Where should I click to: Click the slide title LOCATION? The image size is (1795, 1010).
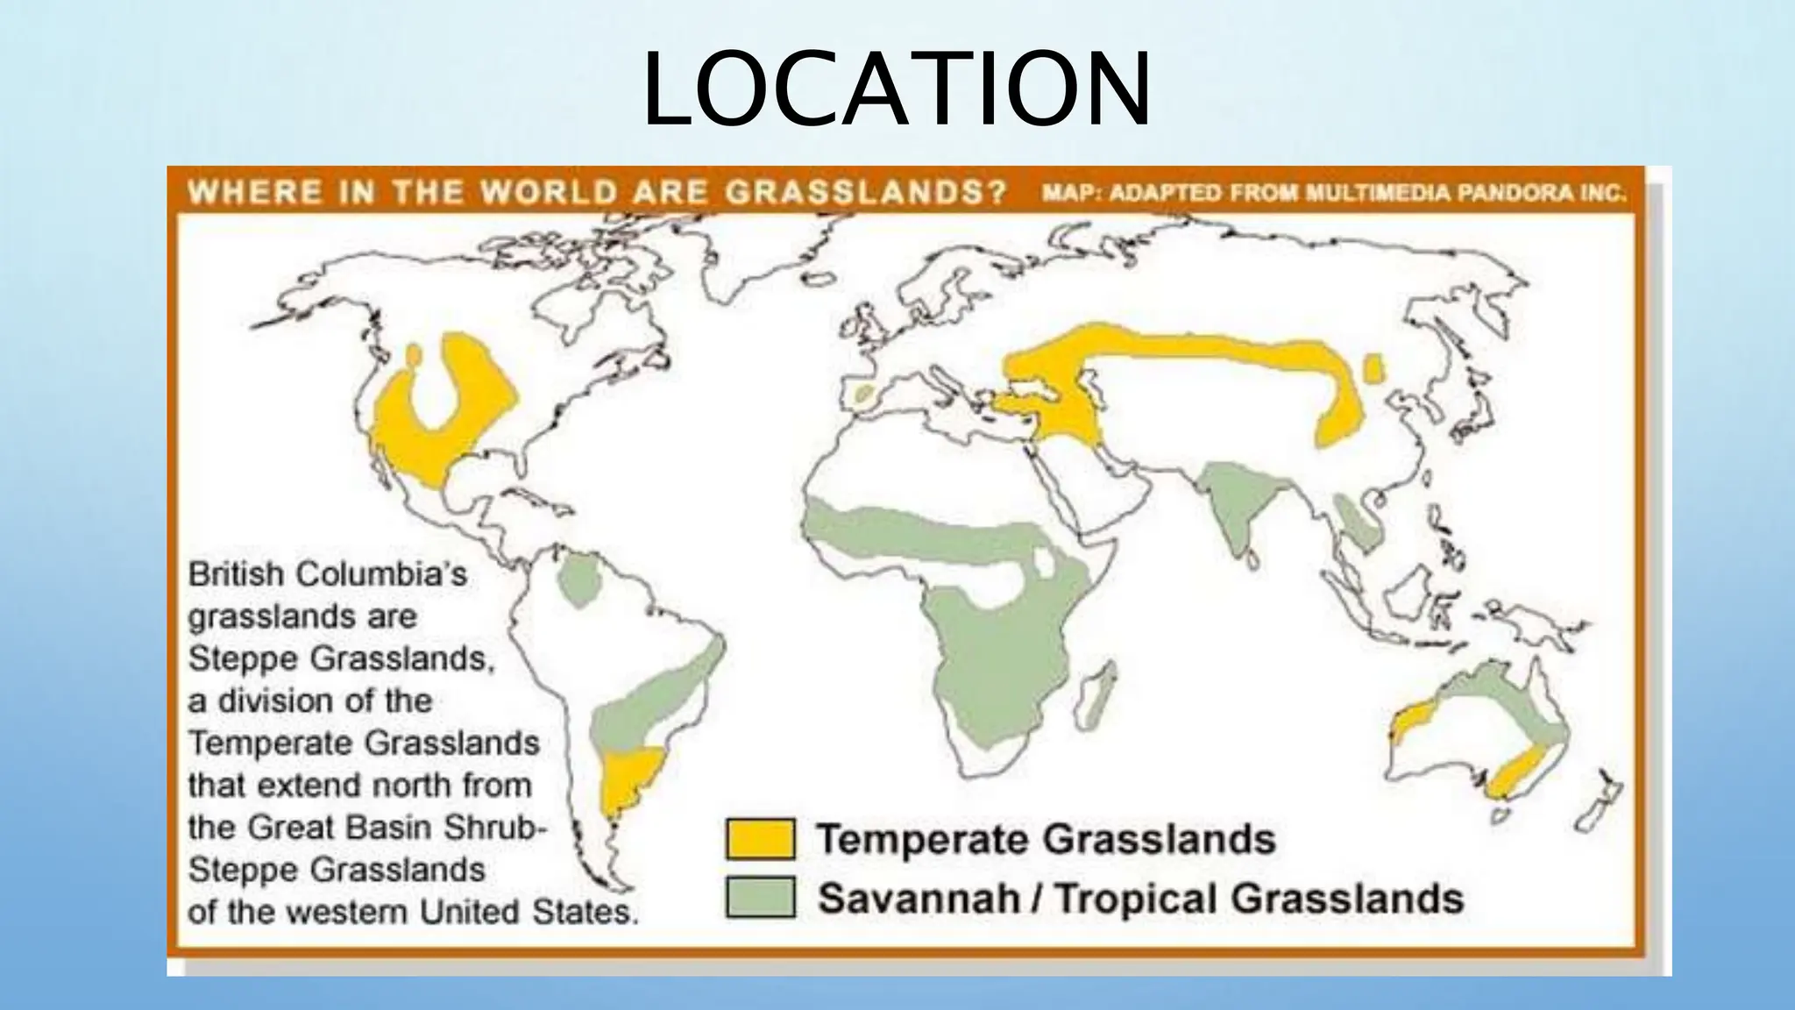pos(896,89)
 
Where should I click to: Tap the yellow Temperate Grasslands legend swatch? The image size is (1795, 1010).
pos(760,838)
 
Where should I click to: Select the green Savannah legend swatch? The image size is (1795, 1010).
pos(760,897)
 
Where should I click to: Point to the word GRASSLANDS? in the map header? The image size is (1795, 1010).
pos(866,192)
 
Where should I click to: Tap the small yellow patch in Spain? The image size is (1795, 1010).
pos(864,394)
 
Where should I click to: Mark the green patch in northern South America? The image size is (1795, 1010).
pos(578,579)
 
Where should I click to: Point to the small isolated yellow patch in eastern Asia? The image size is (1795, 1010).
pos(1373,369)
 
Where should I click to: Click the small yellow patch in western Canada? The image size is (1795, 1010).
pos(413,354)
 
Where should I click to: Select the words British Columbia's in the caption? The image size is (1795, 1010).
pos(328,574)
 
